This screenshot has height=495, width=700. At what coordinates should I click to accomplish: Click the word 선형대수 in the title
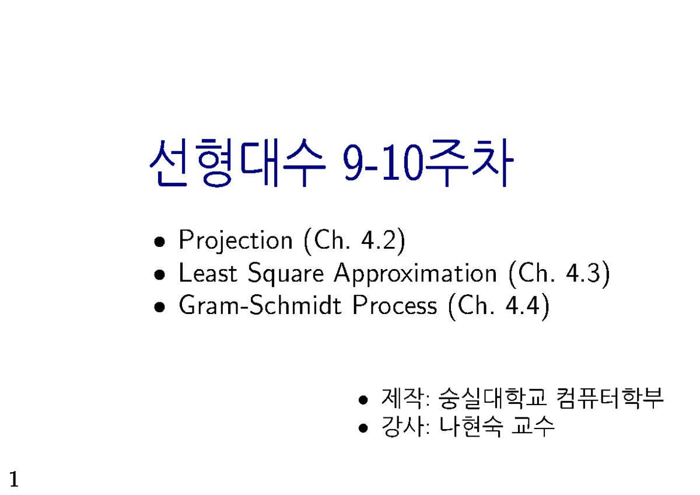[x=237, y=163]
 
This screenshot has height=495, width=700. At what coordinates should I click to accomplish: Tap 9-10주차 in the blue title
[x=428, y=163]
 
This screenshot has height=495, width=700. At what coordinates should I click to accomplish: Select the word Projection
[x=236, y=240]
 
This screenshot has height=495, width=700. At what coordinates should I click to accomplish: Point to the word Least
[x=208, y=273]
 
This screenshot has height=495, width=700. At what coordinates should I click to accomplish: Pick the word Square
[x=286, y=274]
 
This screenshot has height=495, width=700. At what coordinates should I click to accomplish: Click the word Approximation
[x=415, y=274]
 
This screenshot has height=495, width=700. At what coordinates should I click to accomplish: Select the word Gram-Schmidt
[x=260, y=305]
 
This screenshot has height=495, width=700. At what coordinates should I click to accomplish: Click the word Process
[x=395, y=305]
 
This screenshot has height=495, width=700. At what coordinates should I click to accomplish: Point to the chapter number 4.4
[x=523, y=305]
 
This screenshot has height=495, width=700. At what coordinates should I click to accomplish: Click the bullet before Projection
[x=159, y=242]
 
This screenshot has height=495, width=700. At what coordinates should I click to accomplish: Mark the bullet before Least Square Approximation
[x=159, y=274]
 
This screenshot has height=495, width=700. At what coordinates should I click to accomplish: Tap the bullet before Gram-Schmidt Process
[x=159, y=307]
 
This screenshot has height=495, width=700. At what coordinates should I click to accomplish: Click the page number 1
[x=14, y=479]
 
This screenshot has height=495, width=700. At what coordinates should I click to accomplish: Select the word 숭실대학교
[x=493, y=398]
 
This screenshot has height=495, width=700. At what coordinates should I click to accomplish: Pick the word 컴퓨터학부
[x=610, y=398]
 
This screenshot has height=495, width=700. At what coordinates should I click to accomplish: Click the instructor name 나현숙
[x=471, y=427]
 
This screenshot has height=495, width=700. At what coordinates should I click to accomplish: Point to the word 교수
[x=533, y=427]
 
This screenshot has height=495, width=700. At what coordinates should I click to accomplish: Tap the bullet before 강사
[x=363, y=428]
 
